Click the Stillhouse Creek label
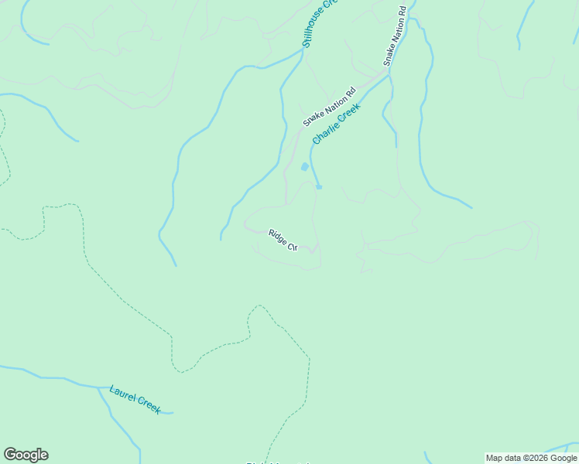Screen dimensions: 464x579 point(320,23)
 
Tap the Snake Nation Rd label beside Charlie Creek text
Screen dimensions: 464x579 point(328,107)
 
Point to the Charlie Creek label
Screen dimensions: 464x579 point(337,124)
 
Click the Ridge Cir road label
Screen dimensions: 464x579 point(283,240)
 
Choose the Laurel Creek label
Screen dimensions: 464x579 point(135,399)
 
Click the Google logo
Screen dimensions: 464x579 point(26,455)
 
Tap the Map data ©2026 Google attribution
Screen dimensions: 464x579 point(532,458)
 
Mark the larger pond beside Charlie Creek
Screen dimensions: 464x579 point(305,166)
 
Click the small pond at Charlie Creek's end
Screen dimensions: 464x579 point(319,186)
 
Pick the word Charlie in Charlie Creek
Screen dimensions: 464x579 point(326,132)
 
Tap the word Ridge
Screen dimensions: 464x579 point(277,236)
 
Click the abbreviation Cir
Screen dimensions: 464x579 point(293,246)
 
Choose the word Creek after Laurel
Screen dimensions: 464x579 point(148,404)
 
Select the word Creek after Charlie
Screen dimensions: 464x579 point(349,114)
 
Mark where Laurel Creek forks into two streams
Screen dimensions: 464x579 point(99,387)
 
